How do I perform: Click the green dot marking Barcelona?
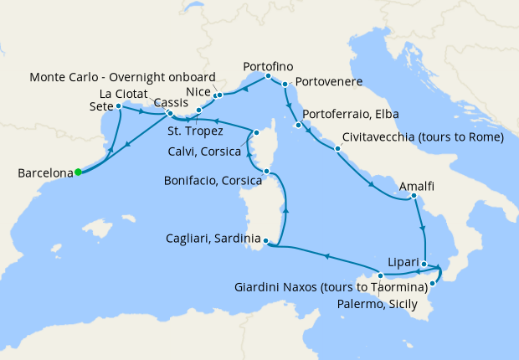[78, 172]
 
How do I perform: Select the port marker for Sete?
[117, 106]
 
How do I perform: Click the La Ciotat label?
[126, 92]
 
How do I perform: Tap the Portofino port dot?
[268, 76]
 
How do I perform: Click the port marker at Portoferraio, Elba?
[298, 126]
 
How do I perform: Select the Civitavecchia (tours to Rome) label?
[422, 137]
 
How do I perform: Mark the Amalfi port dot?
[413, 198]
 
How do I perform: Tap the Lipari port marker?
[424, 265]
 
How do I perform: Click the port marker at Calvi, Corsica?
[258, 132]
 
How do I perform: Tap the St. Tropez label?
[194, 131]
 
